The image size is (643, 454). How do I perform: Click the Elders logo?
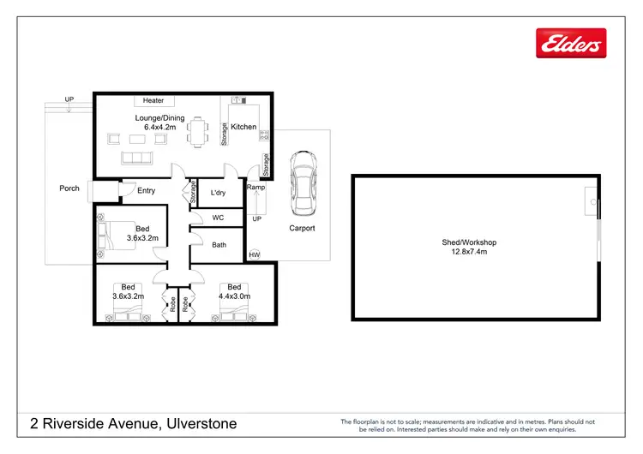(570, 43)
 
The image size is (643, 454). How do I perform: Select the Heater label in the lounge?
(153, 101)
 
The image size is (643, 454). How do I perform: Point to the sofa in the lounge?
(135, 158)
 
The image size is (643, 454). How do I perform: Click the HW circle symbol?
(254, 254)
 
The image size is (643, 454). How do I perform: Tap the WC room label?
(218, 218)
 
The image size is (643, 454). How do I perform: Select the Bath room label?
(219, 245)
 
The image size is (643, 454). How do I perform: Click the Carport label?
(302, 229)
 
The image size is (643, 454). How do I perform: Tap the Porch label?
(69, 188)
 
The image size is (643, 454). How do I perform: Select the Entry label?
(147, 190)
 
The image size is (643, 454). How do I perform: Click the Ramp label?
(255, 187)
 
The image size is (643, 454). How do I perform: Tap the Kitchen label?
(243, 127)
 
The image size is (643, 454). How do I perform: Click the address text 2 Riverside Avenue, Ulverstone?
(133, 424)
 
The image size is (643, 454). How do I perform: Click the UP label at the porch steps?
(69, 100)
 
